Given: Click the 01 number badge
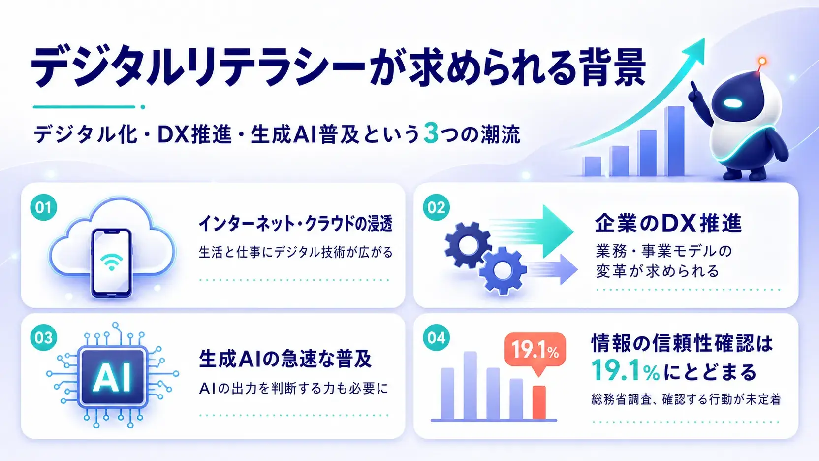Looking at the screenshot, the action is coord(43,207).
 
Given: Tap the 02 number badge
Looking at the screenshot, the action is coord(436,207).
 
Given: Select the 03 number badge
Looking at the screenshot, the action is coord(43,338).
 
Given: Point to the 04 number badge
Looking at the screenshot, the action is coord(436,338).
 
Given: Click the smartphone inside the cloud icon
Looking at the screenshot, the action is coord(111,263).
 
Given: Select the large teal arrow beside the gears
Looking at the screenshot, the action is coord(532,231).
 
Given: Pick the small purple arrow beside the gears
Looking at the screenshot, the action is coord(553,269).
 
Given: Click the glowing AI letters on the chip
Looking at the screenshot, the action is coord(112,378).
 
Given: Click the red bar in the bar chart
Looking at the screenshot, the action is coord(539,402).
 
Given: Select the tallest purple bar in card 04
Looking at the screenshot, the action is coord(470,385).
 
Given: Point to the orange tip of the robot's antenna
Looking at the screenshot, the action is coord(762,61).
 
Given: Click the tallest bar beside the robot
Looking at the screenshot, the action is coord(674,141).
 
